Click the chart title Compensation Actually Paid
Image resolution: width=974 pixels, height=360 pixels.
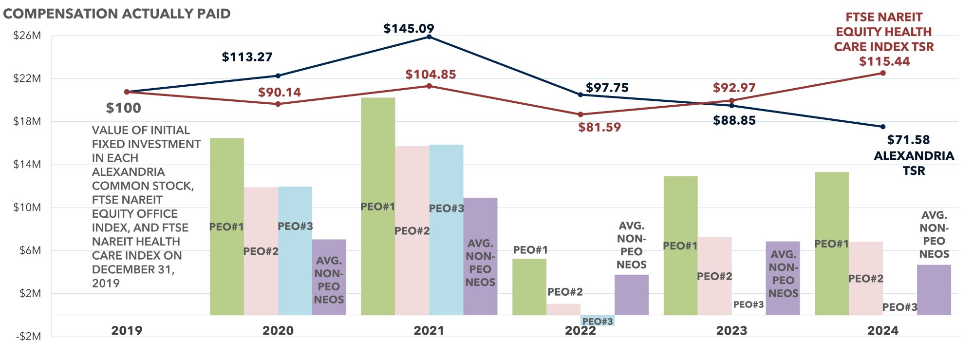coord(117,14)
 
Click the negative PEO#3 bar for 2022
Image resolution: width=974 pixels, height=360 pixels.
coord(598,320)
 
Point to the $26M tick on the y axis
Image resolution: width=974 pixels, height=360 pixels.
coord(27,36)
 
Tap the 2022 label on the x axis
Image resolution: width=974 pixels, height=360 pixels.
coord(580,331)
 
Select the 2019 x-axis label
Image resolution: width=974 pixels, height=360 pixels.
coord(127,331)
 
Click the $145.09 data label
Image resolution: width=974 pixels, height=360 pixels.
coord(409,29)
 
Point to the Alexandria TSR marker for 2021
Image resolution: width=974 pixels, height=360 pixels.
coord(429,37)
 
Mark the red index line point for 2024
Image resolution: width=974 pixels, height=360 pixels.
coord(883,73)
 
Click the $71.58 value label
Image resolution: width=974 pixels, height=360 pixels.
coord(908,140)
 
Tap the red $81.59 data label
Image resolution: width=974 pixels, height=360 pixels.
coord(599,128)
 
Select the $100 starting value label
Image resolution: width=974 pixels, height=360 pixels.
coord(124,108)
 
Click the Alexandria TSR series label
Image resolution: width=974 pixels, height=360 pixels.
coord(914,163)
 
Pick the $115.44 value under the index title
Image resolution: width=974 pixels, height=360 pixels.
coord(884,62)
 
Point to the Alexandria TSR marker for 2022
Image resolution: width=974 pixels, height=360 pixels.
coord(580,95)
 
